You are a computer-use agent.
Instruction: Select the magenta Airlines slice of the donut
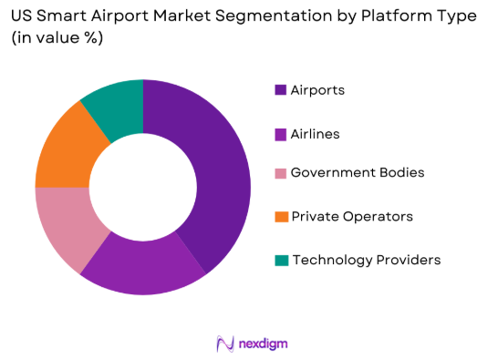146,268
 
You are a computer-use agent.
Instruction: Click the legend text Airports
317,89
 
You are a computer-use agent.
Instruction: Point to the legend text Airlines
315,134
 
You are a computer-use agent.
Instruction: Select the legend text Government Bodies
357,173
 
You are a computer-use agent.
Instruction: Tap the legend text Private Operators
351,217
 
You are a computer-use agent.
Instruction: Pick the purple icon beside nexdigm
224,343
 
